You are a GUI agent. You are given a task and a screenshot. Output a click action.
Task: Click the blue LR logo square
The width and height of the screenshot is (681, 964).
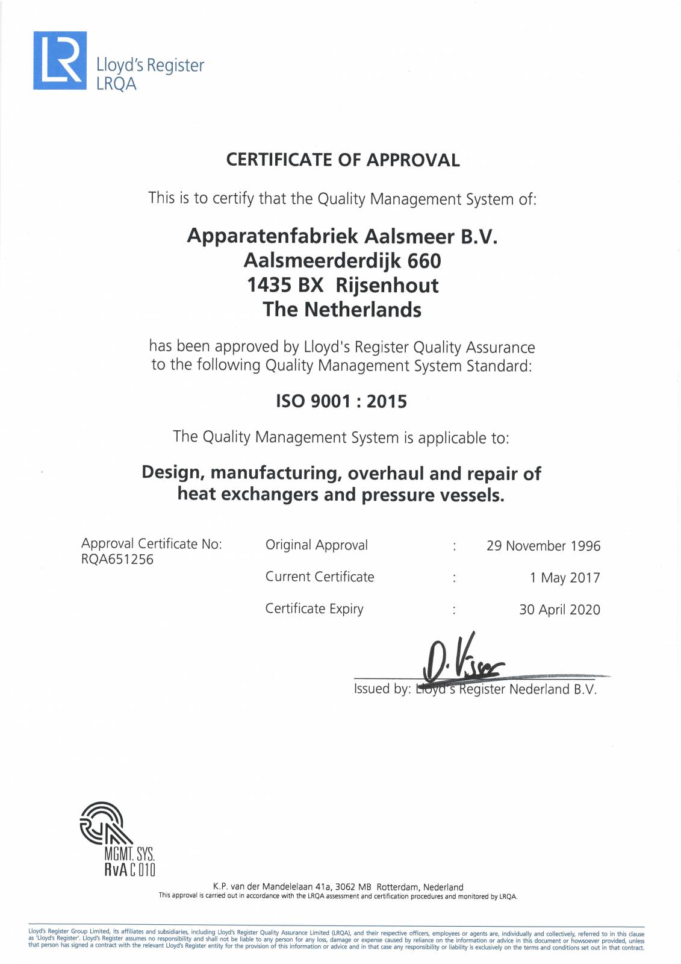(60, 60)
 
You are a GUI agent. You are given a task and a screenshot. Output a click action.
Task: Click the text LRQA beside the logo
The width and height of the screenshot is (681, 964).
(116, 84)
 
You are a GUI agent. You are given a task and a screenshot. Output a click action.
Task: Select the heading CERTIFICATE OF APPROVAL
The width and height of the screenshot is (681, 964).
(343, 160)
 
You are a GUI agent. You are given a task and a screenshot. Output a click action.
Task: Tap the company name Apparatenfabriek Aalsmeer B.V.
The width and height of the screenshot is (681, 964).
(342, 236)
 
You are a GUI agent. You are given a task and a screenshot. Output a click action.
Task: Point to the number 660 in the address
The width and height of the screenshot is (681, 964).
(424, 261)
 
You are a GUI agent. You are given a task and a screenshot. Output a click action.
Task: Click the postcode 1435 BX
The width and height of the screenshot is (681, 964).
(285, 285)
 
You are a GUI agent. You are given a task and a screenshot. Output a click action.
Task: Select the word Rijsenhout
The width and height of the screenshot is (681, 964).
(387, 285)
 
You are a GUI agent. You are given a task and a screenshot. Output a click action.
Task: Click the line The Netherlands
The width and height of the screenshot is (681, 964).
(342, 310)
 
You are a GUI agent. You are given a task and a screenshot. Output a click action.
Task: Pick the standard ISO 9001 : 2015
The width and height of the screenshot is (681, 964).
(341, 401)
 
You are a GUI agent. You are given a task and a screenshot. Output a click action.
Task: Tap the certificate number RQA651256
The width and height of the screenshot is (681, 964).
(117, 559)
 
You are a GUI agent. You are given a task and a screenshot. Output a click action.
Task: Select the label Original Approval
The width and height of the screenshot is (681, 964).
(316, 545)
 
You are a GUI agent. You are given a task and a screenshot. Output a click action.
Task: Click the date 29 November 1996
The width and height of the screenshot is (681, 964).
(543, 546)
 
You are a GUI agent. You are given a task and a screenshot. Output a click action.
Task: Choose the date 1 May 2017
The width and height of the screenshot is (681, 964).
(565, 578)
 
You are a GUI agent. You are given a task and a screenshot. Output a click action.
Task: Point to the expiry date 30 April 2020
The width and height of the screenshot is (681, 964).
(559, 610)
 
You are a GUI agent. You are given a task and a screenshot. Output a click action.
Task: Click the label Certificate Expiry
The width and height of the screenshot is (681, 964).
(314, 609)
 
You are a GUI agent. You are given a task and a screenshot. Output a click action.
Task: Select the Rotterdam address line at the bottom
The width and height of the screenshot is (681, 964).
(338, 887)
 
